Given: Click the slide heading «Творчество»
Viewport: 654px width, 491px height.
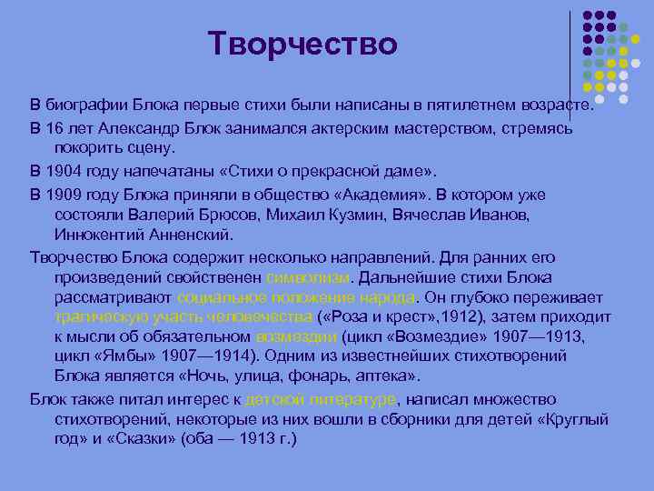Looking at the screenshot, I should tap(302, 43).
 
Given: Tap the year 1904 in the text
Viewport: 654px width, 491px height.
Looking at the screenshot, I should tap(64, 170).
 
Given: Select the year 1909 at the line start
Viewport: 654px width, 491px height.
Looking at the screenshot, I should tap(64, 194).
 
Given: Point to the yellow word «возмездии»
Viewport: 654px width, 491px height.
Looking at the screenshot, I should tap(297, 336).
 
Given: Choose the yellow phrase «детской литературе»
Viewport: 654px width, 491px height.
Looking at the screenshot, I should tap(321, 399).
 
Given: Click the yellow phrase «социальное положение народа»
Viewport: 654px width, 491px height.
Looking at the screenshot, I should tap(296, 297).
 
